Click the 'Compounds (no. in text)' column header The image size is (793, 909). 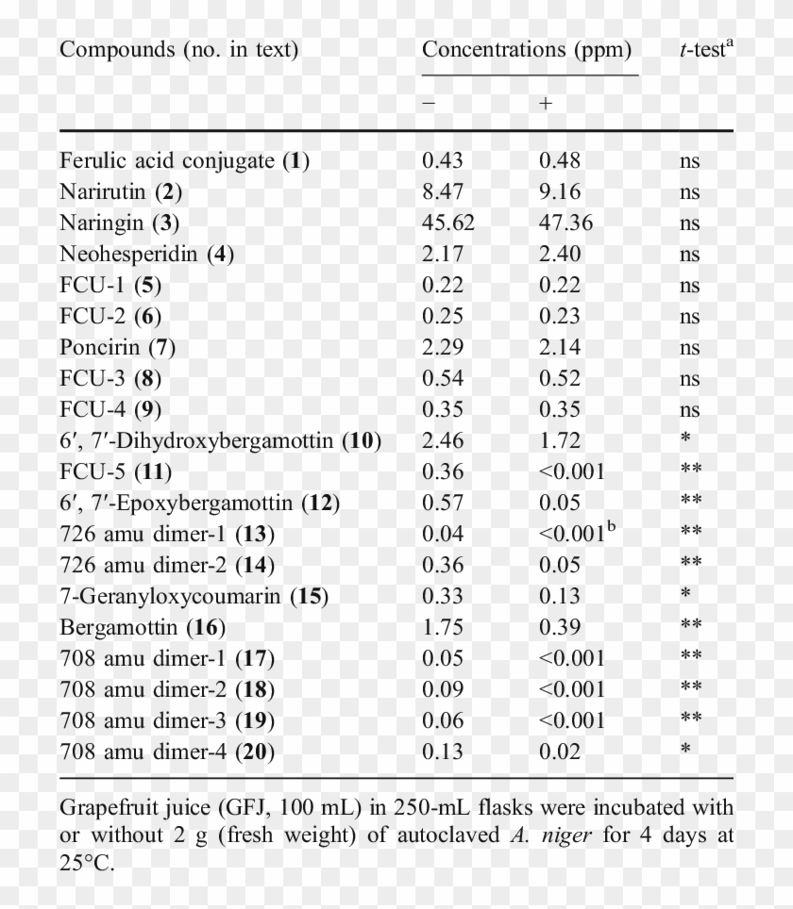178,50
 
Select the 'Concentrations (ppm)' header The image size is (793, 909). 526,50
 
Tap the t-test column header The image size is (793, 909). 705,50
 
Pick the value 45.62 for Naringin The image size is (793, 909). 448,223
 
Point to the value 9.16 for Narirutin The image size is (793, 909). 560,191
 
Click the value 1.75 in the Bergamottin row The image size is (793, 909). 443,627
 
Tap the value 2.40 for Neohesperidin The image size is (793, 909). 560,254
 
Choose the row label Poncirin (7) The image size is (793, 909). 117,347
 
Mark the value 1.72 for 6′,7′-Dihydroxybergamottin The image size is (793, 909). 560,440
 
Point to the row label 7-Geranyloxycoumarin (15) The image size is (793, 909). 184,596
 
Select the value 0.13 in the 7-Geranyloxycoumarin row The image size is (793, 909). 560,596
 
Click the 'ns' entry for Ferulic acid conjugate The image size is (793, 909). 689,161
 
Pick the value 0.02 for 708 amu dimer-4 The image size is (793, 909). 560,752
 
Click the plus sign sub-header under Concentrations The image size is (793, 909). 546,104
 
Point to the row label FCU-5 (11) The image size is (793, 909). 115,471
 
